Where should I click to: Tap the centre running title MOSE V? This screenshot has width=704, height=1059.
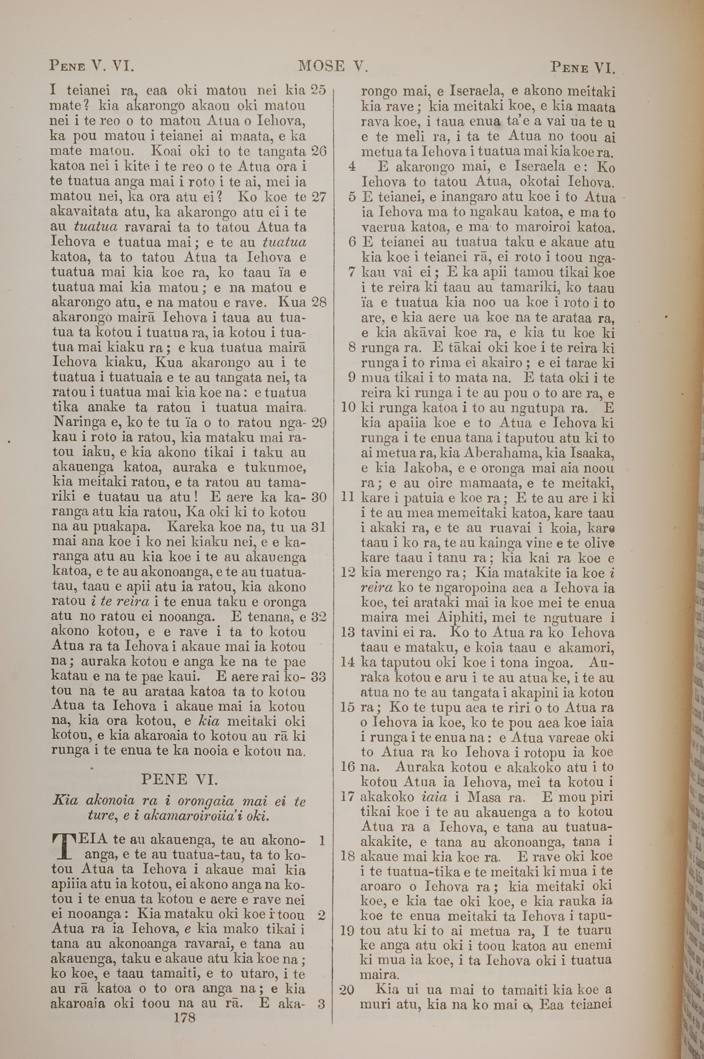click(x=333, y=67)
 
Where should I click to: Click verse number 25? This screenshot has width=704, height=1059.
click(x=318, y=89)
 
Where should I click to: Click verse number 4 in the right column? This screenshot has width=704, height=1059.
click(x=352, y=167)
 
